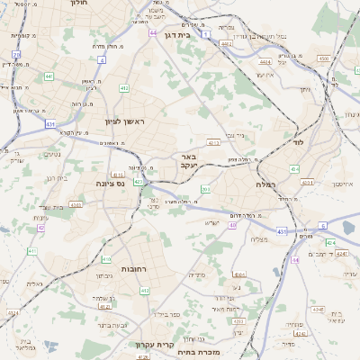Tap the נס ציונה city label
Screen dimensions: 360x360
[x=111, y=183]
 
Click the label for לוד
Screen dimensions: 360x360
[x=299, y=142]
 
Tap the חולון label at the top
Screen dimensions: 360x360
[x=82, y=4]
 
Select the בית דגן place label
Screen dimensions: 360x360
[x=179, y=34]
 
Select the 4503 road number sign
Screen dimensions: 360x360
[x=323, y=58]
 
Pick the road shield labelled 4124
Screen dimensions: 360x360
[x=330, y=242]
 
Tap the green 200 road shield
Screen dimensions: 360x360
[x=205, y=189]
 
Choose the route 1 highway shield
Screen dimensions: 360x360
[x=205, y=33]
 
